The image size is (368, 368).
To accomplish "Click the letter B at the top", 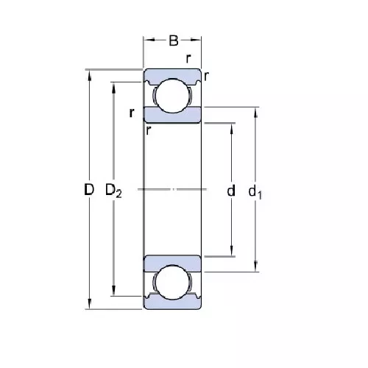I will coord(174,40).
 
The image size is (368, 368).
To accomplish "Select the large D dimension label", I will coord(88,190).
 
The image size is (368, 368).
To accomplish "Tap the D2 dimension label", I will coord(113,191).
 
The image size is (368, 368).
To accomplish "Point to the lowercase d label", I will coord(231,191).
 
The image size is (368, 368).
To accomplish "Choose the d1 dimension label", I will coord(255,192).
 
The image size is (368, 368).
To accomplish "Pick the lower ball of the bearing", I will coord(173,283).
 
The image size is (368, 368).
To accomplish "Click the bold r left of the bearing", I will coord(130,113).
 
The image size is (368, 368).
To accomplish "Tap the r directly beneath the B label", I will coord(188,58).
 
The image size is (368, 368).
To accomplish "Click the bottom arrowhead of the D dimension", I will coord(89,305).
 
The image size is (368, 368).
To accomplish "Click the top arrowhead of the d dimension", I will coord(233,126).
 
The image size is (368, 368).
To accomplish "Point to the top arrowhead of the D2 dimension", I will coord(113,85).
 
